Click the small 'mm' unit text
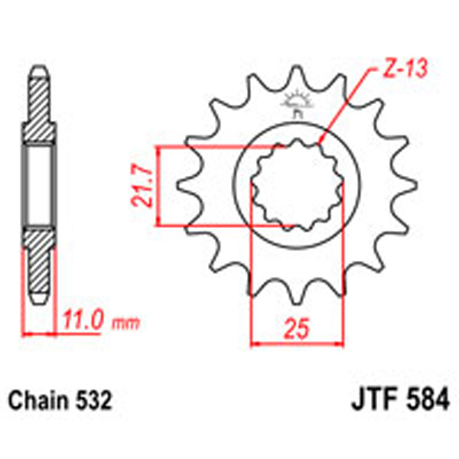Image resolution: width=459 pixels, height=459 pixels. tap(122, 324)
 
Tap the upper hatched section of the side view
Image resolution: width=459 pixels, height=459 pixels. tap(37, 115)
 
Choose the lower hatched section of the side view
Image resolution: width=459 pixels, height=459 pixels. tap(37, 260)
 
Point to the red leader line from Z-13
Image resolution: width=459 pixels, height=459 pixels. tap(348, 107)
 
